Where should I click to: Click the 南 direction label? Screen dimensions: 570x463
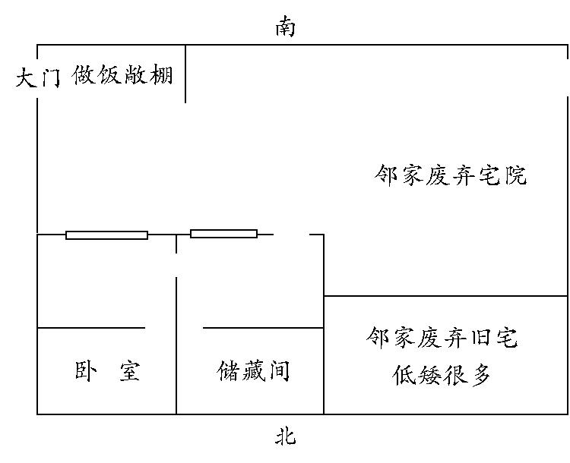tap(285, 27)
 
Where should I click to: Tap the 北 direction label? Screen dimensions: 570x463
tap(285, 436)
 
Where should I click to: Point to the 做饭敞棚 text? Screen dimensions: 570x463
tap(122, 75)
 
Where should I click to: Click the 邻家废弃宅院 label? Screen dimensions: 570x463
tap(451, 175)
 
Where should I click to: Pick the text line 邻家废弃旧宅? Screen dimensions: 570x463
tap(442, 338)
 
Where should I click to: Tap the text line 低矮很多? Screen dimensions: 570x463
tap(442, 375)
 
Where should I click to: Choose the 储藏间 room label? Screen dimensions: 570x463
tap(253, 371)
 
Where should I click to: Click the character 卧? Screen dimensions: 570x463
tap(86, 370)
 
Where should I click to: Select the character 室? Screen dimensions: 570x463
tap(130, 370)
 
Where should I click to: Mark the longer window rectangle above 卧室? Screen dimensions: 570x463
tap(107, 235)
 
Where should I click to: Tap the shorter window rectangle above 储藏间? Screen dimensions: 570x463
tap(224, 234)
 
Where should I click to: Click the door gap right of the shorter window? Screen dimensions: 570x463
tap(291, 235)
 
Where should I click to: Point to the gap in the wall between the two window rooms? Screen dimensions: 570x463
tap(176, 265)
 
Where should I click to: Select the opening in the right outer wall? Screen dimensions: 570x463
tap(568, 77)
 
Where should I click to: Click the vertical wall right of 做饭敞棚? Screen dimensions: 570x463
tap(185, 74)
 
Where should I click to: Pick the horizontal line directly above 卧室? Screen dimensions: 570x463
tap(91, 328)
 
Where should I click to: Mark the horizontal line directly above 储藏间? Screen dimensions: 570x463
tap(263, 328)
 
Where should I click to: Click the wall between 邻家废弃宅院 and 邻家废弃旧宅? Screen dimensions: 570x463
tap(445, 296)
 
